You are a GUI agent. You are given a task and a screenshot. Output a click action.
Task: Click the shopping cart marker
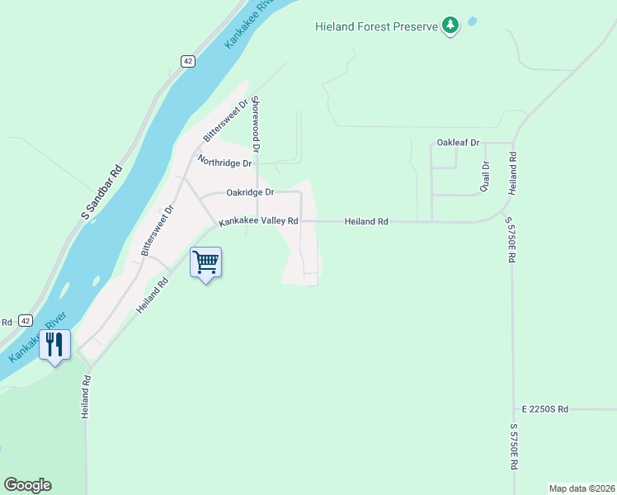[x=206, y=263]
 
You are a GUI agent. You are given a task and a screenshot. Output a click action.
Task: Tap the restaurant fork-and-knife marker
[x=55, y=345]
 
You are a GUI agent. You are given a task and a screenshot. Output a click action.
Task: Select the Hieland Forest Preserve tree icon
[x=450, y=26]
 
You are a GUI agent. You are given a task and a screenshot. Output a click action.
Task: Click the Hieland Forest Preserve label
[x=375, y=26]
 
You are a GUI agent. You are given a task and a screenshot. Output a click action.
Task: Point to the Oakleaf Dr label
[x=458, y=143]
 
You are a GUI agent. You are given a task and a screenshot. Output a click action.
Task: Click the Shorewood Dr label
[x=256, y=125]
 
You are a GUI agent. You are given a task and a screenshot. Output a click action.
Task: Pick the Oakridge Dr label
[x=250, y=192]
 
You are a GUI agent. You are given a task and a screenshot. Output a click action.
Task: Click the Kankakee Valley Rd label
[x=258, y=221]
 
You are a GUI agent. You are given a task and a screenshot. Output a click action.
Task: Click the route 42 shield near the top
[x=189, y=61]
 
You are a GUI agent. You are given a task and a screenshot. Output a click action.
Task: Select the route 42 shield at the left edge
[x=26, y=321]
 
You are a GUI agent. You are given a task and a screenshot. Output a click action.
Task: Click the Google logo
[x=27, y=485]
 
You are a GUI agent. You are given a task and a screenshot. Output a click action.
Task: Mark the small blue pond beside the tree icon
[x=472, y=21]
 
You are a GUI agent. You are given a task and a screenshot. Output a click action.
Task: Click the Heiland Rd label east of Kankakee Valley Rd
[x=366, y=221]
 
